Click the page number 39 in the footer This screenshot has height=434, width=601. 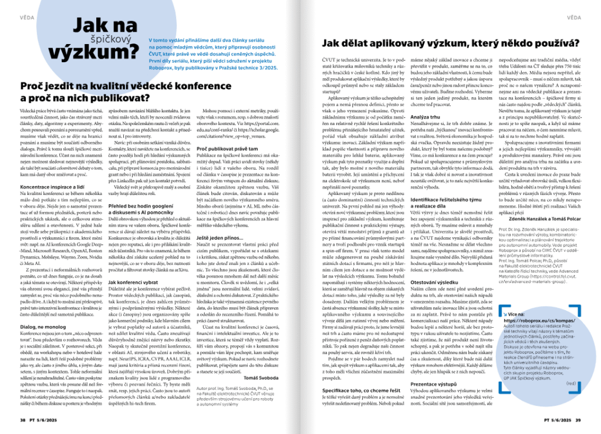coord(578,420)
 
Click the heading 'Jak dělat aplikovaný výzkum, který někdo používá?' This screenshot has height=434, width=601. coord(451,43)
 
